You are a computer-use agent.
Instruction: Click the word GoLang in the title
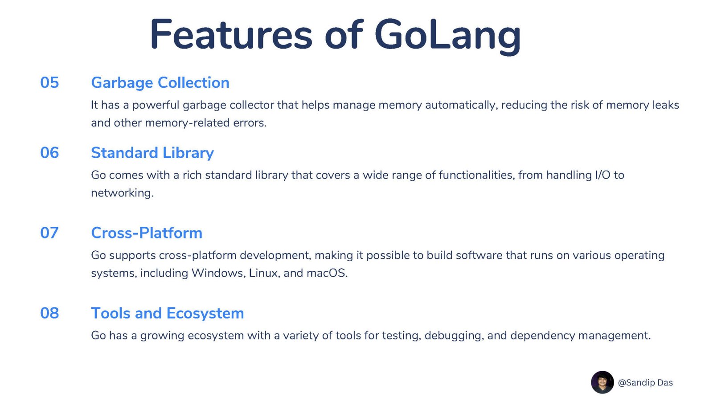tap(447, 36)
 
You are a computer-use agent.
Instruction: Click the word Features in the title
tap(231, 34)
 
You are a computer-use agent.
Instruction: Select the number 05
tap(49, 82)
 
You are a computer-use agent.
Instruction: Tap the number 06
tap(49, 152)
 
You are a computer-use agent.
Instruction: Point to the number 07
tap(49, 233)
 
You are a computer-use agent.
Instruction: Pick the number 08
tap(49, 313)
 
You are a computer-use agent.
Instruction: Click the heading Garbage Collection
tap(160, 83)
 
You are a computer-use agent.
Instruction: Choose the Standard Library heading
tap(152, 153)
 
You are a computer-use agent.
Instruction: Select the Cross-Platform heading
tap(147, 233)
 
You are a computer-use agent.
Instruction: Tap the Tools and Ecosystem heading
tap(168, 314)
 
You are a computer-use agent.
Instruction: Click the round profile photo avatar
tap(602, 382)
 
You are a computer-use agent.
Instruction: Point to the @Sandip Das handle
tap(645, 383)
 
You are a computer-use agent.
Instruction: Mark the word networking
tap(122, 193)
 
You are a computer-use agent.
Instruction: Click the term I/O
tap(602, 175)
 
